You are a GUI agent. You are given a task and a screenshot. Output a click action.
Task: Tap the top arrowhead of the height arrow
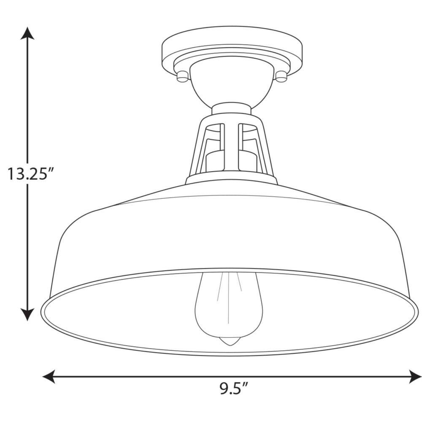pyautogui.click(x=27, y=33)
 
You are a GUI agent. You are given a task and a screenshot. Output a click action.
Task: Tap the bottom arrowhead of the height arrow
pyautogui.click(x=27, y=314)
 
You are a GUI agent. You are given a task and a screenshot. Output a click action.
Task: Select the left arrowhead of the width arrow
pyautogui.click(x=49, y=376)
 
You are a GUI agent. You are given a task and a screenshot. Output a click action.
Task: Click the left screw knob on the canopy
pyautogui.click(x=182, y=76)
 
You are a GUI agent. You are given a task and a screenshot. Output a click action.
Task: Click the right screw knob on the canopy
pyautogui.click(x=281, y=76)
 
